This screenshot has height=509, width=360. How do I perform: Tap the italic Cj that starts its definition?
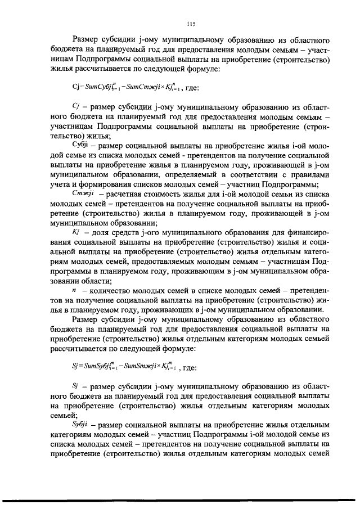point(78,106)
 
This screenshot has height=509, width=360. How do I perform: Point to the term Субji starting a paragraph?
point(81,146)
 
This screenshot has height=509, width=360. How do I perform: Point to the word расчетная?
point(120,194)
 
